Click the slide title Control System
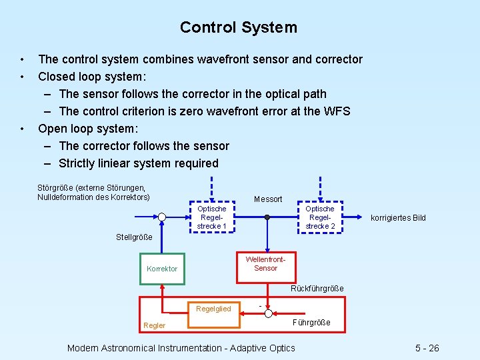point(239,27)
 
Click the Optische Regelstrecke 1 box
point(211,217)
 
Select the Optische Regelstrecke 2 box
point(320,217)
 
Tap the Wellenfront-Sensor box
point(265,264)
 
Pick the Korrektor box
point(162,269)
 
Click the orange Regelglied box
point(213,309)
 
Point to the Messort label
point(268,199)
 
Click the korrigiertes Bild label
point(398,218)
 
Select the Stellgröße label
point(134,237)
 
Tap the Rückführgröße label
point(317,289)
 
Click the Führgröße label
point(311,323)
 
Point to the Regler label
point(155,325)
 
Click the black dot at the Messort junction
point(267,217)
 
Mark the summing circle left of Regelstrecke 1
point(162,217)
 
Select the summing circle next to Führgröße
point(267,312)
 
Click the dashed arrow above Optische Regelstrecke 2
point(320,187)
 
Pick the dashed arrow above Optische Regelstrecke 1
point(211,187)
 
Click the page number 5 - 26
point(427,348)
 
